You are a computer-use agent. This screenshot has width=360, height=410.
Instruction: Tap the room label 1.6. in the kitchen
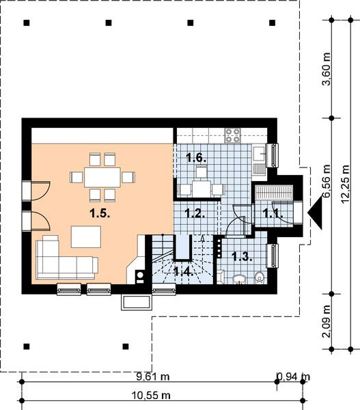(196, 158)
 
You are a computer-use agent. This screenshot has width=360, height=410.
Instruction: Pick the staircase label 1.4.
(182, 271)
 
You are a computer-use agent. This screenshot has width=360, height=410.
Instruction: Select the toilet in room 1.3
(260, 277)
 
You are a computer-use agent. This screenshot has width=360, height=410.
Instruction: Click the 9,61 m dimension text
(146, 377)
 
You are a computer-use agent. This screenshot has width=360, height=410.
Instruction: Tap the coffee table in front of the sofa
(86, 236)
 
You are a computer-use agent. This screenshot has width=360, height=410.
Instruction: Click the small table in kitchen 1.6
(200, 187)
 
